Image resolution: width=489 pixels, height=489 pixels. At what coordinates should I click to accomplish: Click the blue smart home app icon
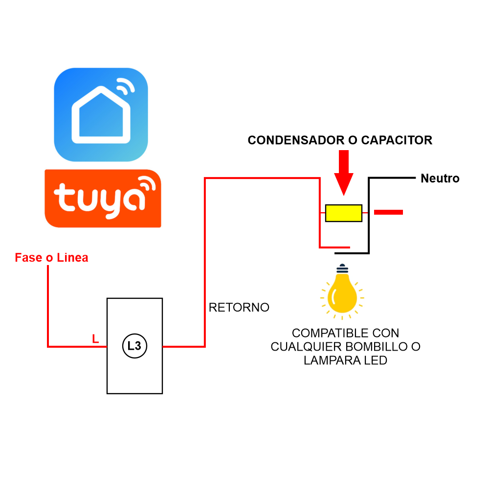coord(101,114)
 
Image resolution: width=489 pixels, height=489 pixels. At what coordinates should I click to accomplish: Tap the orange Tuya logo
coord(103,198)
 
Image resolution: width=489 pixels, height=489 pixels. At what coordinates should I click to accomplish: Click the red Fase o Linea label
coord(51,258)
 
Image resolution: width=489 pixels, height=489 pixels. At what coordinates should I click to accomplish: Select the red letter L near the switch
coord(95,338)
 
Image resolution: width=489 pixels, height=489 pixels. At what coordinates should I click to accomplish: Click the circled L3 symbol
coord(134,346)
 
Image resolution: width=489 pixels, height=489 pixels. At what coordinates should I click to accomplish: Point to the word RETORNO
coord(239,308)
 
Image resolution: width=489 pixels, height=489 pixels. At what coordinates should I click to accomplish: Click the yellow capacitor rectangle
coord(344,213)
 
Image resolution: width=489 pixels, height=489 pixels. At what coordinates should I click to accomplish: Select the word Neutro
coord(440,178)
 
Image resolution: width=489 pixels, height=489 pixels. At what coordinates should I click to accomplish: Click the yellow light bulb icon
coord(342,293)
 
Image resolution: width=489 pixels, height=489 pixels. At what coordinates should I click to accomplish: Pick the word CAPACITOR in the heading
coord(397,140)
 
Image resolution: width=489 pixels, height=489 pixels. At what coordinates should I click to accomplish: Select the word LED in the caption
coord(376,361)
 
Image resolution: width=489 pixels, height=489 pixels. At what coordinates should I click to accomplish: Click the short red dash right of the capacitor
coord(388,212)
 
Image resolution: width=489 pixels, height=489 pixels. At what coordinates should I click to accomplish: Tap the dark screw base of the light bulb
coord(342,268)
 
